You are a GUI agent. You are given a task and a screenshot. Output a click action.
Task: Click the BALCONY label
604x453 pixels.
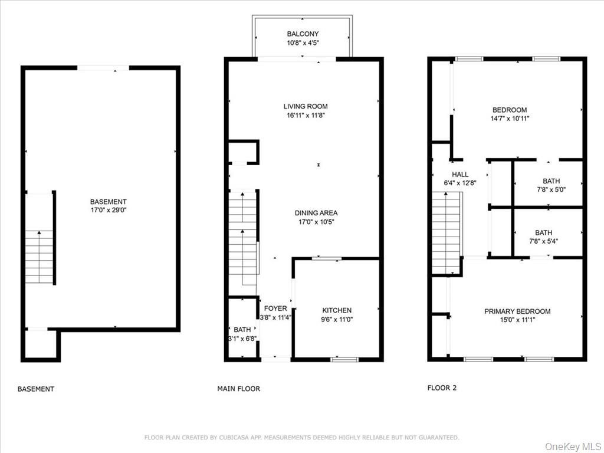(x=302, y=34)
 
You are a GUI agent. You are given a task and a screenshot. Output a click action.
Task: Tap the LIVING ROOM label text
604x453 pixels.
(x=306, y=107)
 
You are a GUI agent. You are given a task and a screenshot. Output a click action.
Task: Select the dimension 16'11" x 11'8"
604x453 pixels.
(x=306, y=116)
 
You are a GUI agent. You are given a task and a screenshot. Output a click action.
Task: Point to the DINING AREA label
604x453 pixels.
(x=316, y=213)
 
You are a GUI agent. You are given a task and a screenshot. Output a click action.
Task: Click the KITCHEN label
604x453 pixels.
(x=337, y=310)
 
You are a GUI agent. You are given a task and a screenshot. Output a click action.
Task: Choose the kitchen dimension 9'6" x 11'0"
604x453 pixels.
(x=337, y=320)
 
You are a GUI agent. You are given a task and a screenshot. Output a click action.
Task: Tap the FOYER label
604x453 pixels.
(x=275, y=308)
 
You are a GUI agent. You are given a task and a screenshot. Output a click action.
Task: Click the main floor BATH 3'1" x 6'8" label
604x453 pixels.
(x=242, y=330)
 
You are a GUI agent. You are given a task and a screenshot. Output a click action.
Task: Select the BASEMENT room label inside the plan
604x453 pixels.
(x=108, y=202)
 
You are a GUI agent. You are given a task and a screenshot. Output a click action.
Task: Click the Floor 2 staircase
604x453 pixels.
(x=446, y=236)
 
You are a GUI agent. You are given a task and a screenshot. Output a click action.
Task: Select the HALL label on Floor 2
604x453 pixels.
(x=460, y=175)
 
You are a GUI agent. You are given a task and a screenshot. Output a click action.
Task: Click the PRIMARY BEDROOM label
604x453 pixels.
(x=517, y=311)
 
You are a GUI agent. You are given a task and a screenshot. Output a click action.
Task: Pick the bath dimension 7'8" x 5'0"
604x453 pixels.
(x=548, y=191)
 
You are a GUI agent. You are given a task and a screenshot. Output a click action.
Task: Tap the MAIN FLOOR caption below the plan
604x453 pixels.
(x=239, y=389)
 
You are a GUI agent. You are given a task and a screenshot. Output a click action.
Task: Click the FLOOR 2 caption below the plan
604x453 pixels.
(x=442, y=388)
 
